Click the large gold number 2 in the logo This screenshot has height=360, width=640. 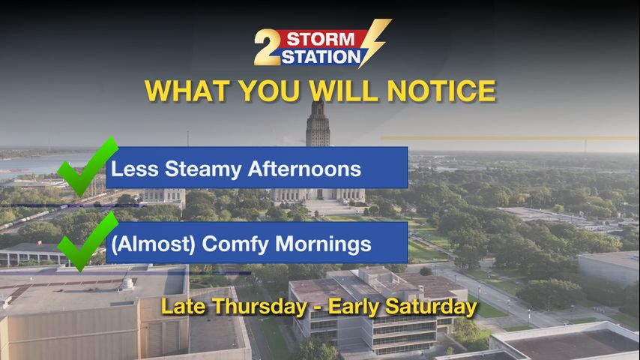[268, 48]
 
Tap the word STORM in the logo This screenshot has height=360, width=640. [321, 40]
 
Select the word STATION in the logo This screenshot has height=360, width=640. [321, 57]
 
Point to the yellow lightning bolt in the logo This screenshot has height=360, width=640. [375, 43]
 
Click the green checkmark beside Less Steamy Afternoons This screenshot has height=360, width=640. [87, 167]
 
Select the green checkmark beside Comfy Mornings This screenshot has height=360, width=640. [87, 241]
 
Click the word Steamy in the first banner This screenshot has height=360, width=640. [203, 169]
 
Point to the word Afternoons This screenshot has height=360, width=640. [304, 169]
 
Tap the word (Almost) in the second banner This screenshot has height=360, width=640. [154, 244]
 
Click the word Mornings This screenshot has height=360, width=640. [323, 244]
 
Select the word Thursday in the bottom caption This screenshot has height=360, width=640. [259, 307]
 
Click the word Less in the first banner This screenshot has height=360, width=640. [135, 169]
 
